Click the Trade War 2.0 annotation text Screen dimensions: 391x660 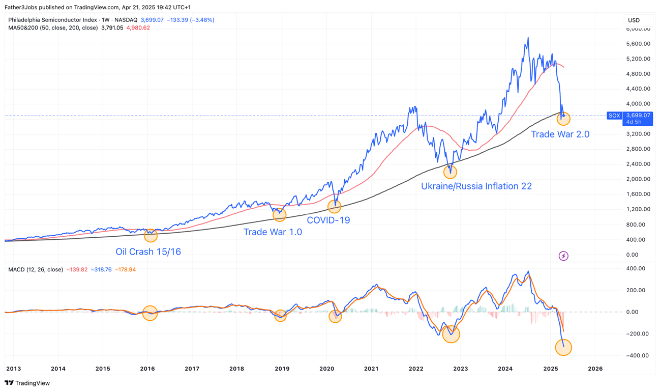click(x=560, y=134)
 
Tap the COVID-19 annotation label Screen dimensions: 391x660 click(x=328, y=220)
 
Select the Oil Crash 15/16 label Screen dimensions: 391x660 click(x=148, y=252)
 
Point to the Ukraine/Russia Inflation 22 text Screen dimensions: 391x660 click(x=476, y=186)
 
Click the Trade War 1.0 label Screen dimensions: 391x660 click(x=273, y=232)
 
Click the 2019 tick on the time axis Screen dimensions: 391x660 click(x=282, y=369)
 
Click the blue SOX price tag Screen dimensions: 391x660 click(x=614, y=116)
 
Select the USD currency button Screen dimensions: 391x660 click(x=634, y=20)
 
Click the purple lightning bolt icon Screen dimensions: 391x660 click(x=563, y=256)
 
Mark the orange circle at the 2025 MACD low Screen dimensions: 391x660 click(x=563, y=347)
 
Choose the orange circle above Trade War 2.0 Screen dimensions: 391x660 click(x=563, y=119)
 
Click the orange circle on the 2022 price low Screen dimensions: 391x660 click(x=450, y=172)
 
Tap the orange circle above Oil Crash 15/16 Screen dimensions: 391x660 click(x=151, y=235)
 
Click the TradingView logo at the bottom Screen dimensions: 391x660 click(x=27, y=383)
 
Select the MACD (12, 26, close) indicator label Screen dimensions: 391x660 click(x=36, y=269)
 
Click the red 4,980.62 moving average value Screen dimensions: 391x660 click(x=138, y=28)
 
